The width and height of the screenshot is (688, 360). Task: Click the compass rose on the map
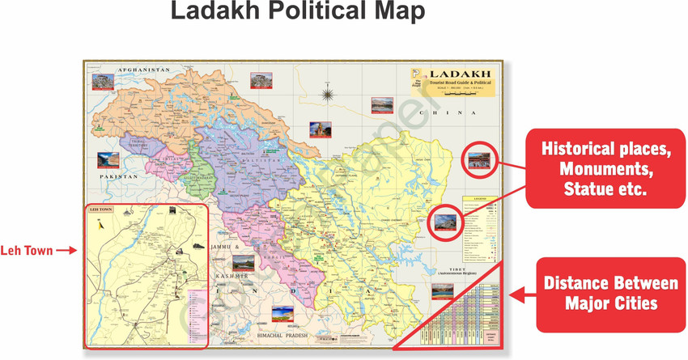327,95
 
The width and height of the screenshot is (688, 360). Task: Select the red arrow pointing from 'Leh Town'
66,250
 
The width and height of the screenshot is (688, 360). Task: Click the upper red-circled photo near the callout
478,162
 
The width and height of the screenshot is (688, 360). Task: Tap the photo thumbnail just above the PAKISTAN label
108,159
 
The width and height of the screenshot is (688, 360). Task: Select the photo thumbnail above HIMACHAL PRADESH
282,314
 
